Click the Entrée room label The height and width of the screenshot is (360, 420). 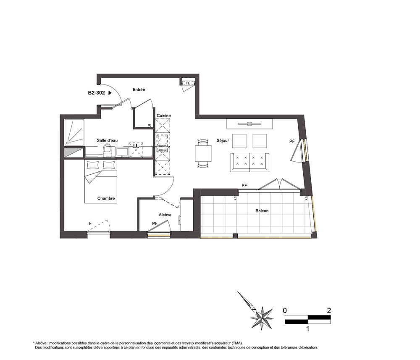tap(139, 90)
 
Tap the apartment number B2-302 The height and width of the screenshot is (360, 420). tap(97, 93)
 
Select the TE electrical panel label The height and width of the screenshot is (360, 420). tap(188, 83)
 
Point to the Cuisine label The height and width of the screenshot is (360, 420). tap(164, 116)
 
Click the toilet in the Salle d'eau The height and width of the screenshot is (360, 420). tap(107, 150)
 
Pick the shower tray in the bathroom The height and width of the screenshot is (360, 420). tap(74, 133)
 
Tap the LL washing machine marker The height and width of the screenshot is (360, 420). tap(136, 146)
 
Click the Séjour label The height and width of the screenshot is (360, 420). tap(223, 140)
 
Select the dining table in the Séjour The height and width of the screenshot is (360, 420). tap(203, 153)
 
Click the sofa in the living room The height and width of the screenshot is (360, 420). tap(249, 163)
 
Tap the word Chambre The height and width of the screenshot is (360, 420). tap(106, 198)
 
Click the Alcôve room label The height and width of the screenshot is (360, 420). tap(165, 215)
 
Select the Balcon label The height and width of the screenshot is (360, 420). tap(262, 211)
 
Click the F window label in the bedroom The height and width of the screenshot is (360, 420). tap(90, 223)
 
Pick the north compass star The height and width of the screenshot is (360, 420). tap(262, 318)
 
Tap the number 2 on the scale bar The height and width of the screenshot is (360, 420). tap(329, 310)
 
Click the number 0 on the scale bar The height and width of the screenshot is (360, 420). tap(285, 310)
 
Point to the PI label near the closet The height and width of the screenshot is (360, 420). tap(149, 125)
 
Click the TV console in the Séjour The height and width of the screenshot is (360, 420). tap(249, 124)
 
